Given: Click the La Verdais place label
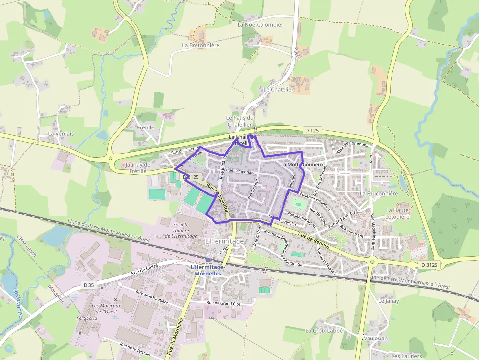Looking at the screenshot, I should [x=61, y=133].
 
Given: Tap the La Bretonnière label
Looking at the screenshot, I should [x=200, y=45].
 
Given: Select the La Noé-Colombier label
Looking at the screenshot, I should [x=260, y=25].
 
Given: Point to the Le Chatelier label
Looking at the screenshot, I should [x=279, y=90].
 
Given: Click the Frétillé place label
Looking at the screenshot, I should [x=145, y=127].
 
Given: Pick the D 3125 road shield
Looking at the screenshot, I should [x=429, y=265].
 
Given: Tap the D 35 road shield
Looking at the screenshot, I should [x=88, y=284].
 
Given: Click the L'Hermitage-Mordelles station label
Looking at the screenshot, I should [x=207, y=270].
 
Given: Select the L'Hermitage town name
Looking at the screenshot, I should [x=224, y=241].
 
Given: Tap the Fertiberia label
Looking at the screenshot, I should [x=87, y=318].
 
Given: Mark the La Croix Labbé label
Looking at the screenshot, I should [x=324, y=330].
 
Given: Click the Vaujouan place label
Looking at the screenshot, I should [x=376, y=338].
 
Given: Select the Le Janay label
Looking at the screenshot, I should [x=389, y=301].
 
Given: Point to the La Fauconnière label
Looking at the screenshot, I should [x=376, y=193].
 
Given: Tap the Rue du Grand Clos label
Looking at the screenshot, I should [x=224, y=303].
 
